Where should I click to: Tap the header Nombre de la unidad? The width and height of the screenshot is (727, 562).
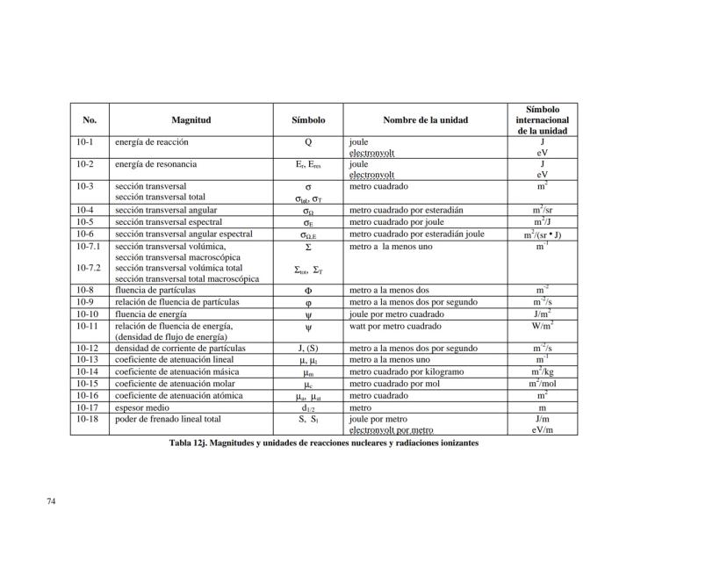(x=425, y=119)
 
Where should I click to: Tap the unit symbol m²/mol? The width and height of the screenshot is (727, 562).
(x=542, y=384)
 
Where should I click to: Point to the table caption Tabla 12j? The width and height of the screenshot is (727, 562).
(x=324, y=443)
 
